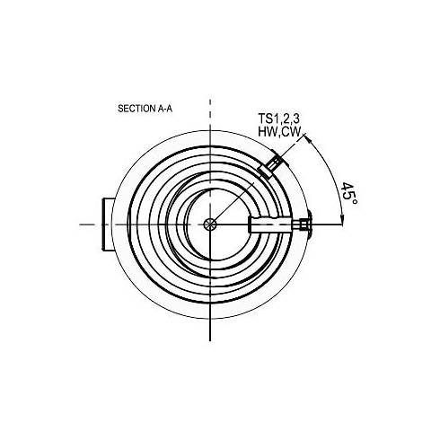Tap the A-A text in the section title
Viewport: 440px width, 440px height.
[165, 109]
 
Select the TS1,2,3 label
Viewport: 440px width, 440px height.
[278, 119]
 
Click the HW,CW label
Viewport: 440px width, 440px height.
[278, 132]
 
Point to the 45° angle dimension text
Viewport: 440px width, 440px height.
[348, 193]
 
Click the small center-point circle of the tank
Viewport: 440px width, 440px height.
[210, 224]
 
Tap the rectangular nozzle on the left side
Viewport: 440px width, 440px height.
[108, 224]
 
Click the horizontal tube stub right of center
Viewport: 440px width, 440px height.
[269, 224]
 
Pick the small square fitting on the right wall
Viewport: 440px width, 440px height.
[304, 224]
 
